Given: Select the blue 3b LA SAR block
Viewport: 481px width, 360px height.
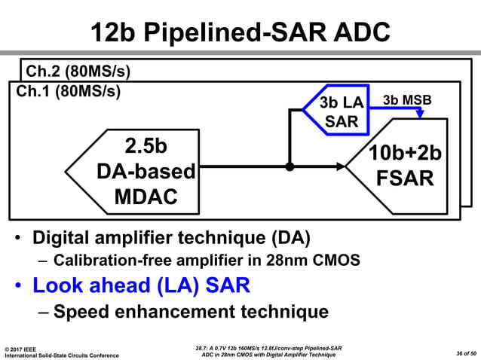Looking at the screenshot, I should [336, 111].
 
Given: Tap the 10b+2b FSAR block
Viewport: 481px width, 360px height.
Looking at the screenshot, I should [403, 166].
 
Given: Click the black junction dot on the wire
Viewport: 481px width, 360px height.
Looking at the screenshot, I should [289, 166].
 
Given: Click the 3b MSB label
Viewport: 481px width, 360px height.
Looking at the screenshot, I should [408, 100].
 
